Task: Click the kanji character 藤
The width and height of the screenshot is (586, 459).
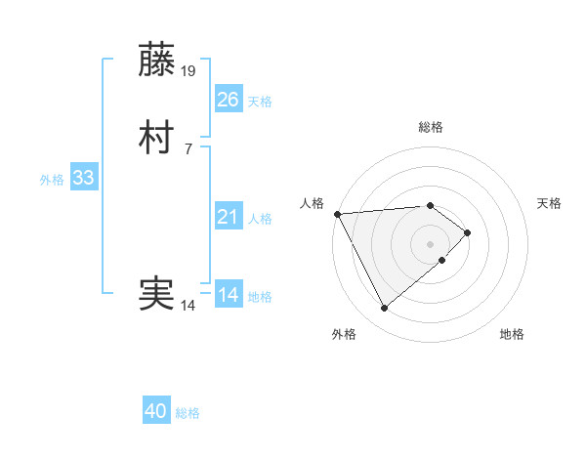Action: coord(157,61)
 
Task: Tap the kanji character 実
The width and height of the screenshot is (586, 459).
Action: coord(157,294)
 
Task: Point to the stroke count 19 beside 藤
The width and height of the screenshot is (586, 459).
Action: coord(189,71)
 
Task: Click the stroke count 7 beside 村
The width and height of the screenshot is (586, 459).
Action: coord(188,149)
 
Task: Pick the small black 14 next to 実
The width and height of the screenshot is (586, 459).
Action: coord(188,306)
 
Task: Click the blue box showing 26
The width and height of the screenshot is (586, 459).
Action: coord(228,100)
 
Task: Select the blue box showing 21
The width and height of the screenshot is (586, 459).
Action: coord(228,217)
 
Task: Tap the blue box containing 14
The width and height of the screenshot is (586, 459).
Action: coord(228,295)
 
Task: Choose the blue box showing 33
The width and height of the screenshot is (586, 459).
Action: coord(83,178)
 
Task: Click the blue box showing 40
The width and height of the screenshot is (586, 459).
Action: coord(156,412)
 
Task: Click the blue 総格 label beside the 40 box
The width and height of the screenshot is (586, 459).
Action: coord(188,413)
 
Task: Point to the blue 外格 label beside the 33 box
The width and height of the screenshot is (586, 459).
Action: coord(52,179)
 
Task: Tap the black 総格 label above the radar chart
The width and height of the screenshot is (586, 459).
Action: coord(431,127)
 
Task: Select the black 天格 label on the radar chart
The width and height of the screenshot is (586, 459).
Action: coord(550,203)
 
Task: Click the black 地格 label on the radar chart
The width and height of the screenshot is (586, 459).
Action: coord(512,334)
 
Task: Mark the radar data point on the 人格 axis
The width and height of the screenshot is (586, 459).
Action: coord(336,213)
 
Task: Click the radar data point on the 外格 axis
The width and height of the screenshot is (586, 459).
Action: coord(384,309)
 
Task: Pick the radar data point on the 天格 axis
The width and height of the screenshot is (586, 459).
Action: coord(469,232)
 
